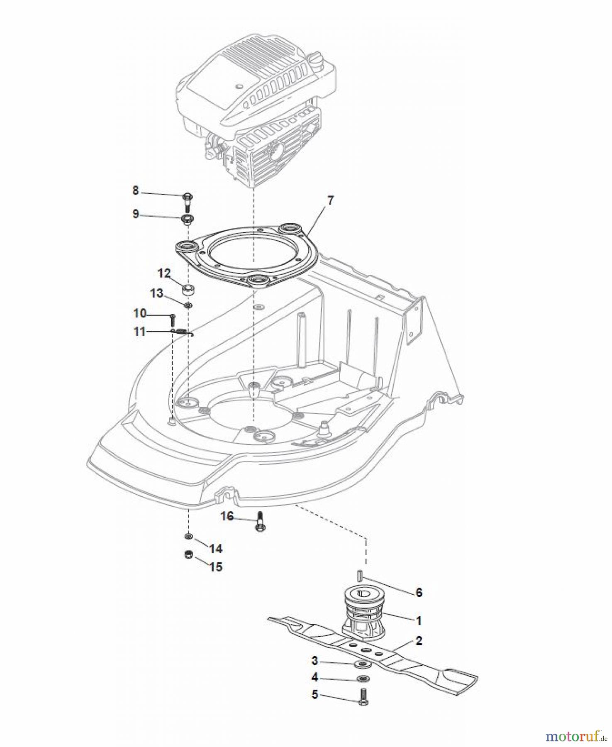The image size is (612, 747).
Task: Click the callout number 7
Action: pos(330,201)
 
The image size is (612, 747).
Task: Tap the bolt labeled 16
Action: pos(261,521)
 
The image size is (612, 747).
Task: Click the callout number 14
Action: pos(216,549)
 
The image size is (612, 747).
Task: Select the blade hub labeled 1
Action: pos(364,612)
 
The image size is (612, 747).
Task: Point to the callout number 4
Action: pos(315,677)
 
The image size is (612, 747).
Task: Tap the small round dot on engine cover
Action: pos(238,86)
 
